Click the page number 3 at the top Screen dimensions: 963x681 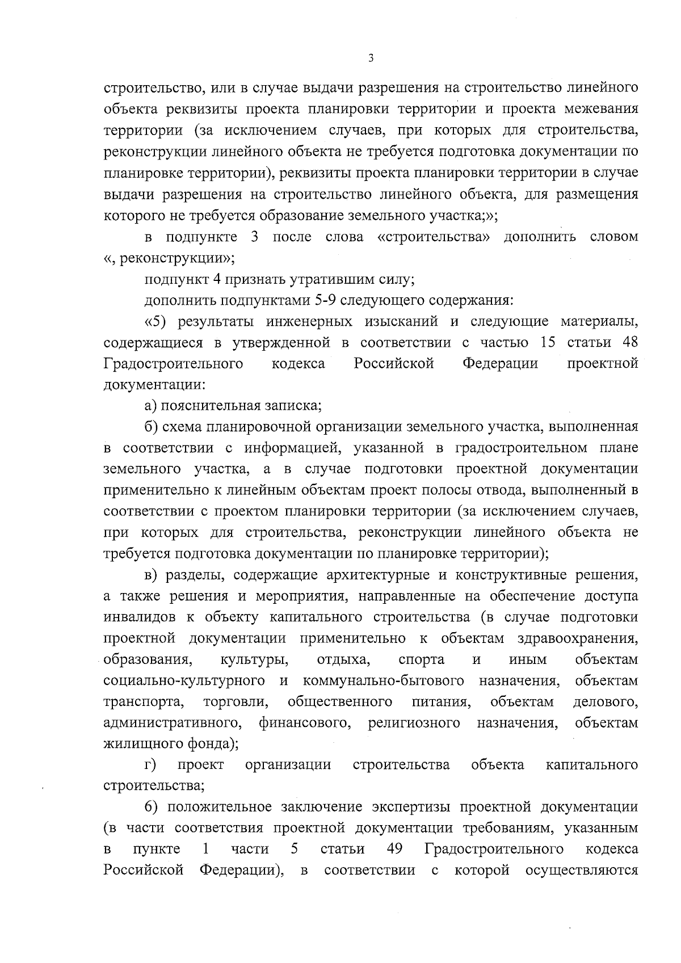pyautogui.click(x=370, y=58)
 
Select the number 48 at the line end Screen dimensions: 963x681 pyautogui.click(x=629, y=343)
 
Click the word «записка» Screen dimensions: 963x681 pyautogui.click(x=293, y=406)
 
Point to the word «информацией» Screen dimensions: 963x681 pyautogui.click(x=292, y=448)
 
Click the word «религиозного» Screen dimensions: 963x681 pyautogui.click(x=414, y=723)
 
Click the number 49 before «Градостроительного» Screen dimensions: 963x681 pyautogui.click(x=394, y=850)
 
